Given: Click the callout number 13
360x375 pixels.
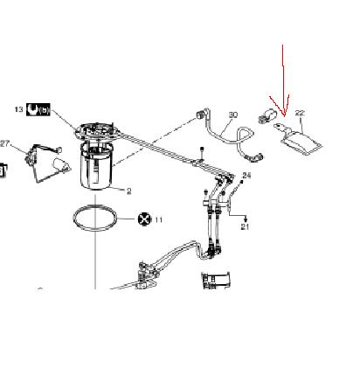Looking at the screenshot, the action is point(18,109).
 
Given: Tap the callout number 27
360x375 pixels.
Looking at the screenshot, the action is point(4,143).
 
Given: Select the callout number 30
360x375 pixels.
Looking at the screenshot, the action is point(233,115).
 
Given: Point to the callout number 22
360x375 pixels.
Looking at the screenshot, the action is point(300,113).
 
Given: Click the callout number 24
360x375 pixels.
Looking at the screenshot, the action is point(246,175).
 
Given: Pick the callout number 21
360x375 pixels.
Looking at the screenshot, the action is point(246,226).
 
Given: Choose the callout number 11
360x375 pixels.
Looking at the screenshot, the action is point(158,219).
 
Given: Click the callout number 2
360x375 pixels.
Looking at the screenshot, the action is point(129,191).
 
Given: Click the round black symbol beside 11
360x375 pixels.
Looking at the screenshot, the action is point(145,219).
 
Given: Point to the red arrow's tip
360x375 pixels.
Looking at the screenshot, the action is point(284,116).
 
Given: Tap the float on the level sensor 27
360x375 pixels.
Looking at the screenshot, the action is point(61,165).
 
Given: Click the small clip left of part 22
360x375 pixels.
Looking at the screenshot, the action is point(267,115).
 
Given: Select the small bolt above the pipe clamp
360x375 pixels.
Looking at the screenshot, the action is point(202,153).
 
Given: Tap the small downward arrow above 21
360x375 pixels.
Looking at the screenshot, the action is point(246,219).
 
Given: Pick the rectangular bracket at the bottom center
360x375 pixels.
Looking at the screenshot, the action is point(216,280).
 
